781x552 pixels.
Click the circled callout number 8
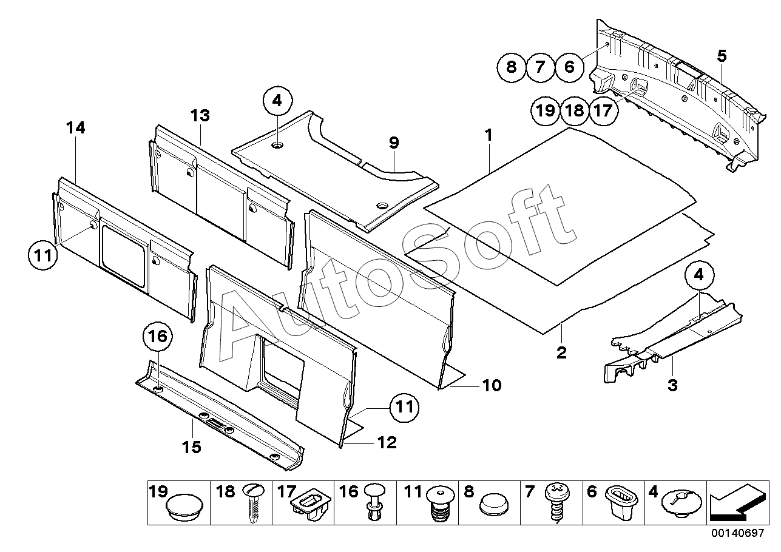coord(512,66)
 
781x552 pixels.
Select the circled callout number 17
coord(603,110)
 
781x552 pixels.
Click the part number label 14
coord(76,128)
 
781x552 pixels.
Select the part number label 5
coord(722,56)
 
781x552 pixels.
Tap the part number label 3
coord(672,385)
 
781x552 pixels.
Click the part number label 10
coord(492,385)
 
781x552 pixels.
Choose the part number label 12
coord(387,443)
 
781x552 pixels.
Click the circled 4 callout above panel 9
coord(277,101)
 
